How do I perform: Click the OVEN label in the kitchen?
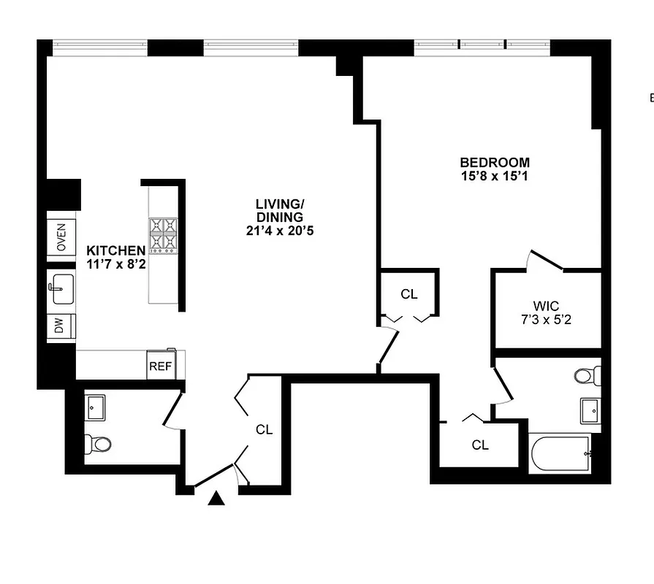[x=61, y=237]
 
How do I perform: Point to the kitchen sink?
[x=62, y=287]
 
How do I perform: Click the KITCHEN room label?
[x=115, y=250]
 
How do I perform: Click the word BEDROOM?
[x=495, y=162]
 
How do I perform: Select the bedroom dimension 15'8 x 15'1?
[x=495, y=176]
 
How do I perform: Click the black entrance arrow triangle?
[x=216, y=499]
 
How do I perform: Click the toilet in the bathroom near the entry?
[x=98, y=442]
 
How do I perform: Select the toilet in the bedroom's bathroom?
[x=585, y=377]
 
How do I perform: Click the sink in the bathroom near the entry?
[x=96, y=407]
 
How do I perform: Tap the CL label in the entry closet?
[x=264, y=430]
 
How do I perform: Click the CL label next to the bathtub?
[x=480, y=445]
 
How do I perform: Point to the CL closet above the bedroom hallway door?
[x=409, y=294]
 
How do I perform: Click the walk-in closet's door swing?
[x=545, y=261]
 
